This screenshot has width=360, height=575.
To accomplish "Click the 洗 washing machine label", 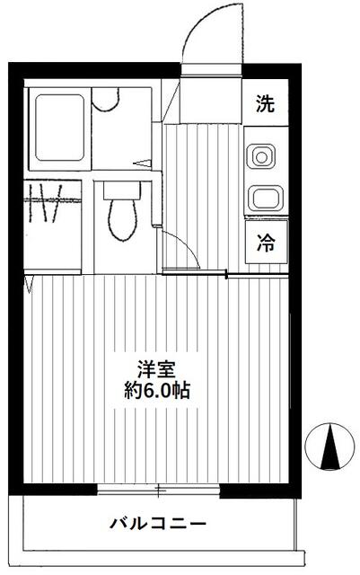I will point(265,104).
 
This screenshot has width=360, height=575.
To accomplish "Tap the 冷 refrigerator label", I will point(265,242).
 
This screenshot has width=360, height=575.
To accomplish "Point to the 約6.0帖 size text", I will point(157,391).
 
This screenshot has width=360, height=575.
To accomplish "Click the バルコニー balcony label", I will point(159,524).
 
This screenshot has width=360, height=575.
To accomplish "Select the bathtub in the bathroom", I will point(57,128).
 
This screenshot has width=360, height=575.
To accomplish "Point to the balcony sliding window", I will point(159,491).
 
